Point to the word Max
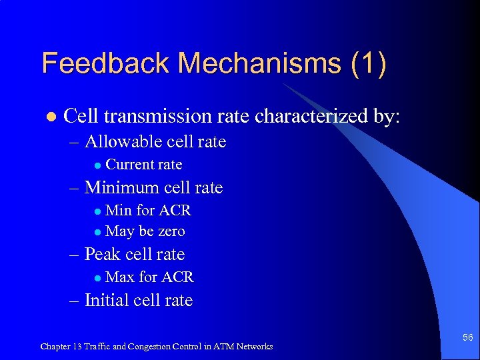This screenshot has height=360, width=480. coord(120,277)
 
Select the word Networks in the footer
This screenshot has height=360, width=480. coord(253,347)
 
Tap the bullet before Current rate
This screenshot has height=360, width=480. coord(97,165)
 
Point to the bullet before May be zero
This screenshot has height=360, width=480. coord(97,232)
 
